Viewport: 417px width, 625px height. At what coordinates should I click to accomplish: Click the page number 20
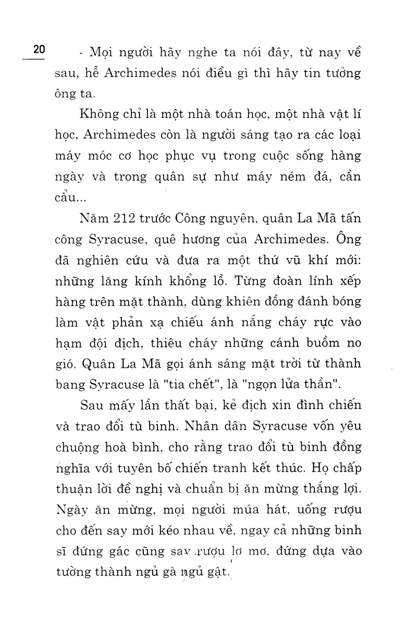tap(39, 51)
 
